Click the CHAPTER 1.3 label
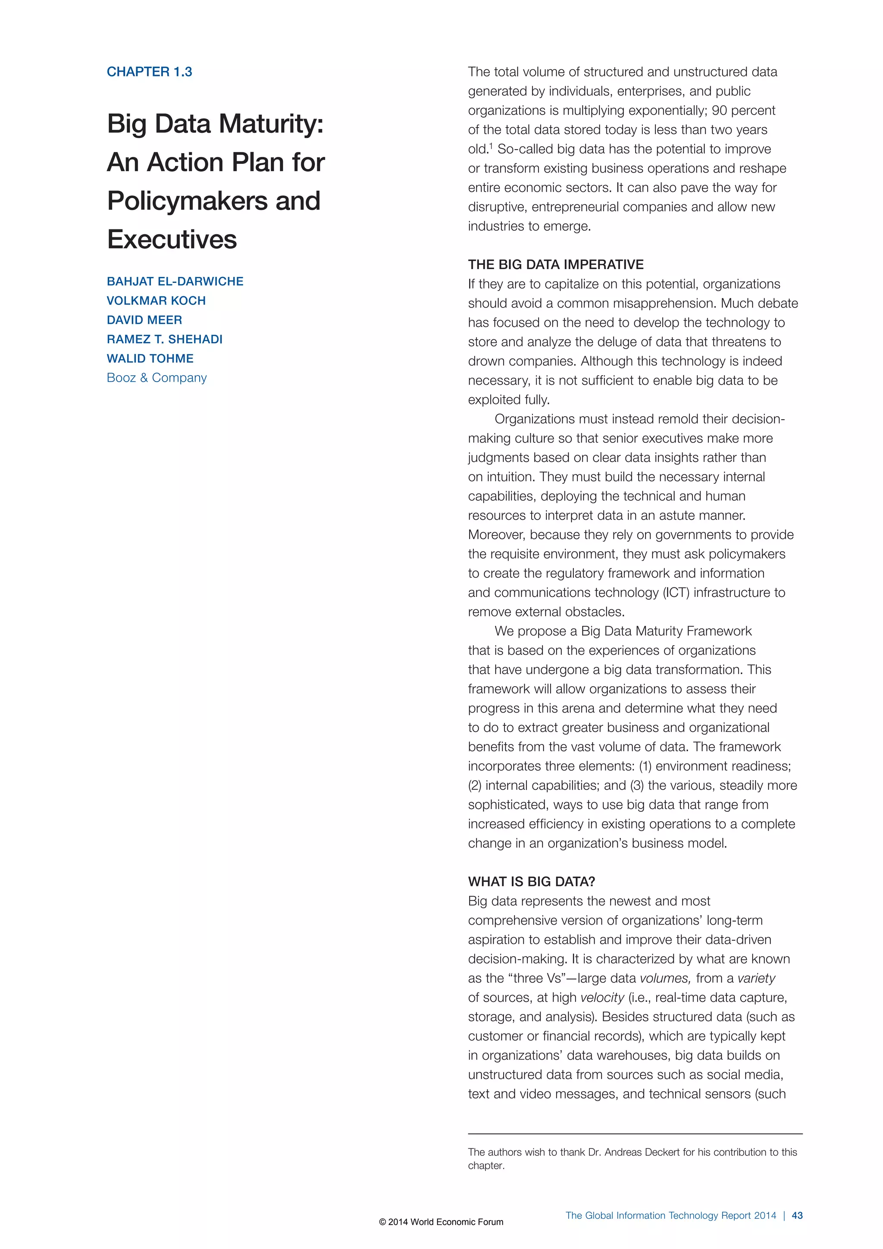pos(149,72)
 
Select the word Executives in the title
pos(172,239)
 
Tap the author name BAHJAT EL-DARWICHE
pos(175,281)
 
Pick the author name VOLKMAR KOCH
pos(156,301)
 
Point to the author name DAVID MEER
pos(144,320)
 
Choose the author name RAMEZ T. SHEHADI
pos(165,339)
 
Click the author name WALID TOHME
pos(150,358)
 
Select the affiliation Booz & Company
pos(157,378)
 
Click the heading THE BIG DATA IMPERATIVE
pos(556,265)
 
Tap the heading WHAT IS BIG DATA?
pos(531,882)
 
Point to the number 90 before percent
pos(719,110)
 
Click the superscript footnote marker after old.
pos(491,145)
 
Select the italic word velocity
pos(602,998)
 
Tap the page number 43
pos(797,1216)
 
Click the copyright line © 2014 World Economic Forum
pos(441,1222)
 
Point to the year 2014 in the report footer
pos(764,1216)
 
